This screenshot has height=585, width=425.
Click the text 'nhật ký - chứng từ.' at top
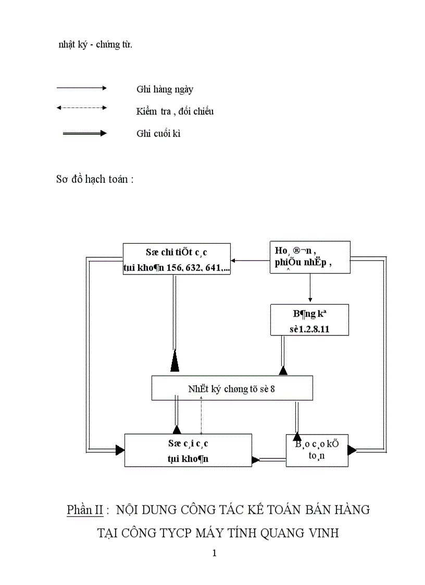[x=95, y=44]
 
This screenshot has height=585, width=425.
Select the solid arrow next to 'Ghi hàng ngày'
[x=81, y=89]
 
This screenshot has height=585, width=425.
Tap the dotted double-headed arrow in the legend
[x=81, y=108]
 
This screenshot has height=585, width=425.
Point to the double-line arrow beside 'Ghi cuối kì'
[x=84, y=133]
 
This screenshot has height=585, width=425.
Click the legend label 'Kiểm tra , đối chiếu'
[x=175, y=111]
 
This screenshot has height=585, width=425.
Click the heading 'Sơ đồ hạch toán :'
[x=95, y=179]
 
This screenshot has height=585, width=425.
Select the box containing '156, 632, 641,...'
[x=177, y=259]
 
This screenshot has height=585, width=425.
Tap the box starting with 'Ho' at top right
[x=309, y=257]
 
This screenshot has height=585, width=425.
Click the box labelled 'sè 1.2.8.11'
[x=309, y=320]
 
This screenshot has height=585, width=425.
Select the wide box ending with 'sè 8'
[x=232, y=388]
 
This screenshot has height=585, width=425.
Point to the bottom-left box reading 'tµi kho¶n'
[x=188, y=450]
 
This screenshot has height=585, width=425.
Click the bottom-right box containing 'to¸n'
[x=317, y=450]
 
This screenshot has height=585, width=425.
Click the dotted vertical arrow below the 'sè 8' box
[x=202, y=414]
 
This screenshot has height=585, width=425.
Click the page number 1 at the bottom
[x=214, y=553]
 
